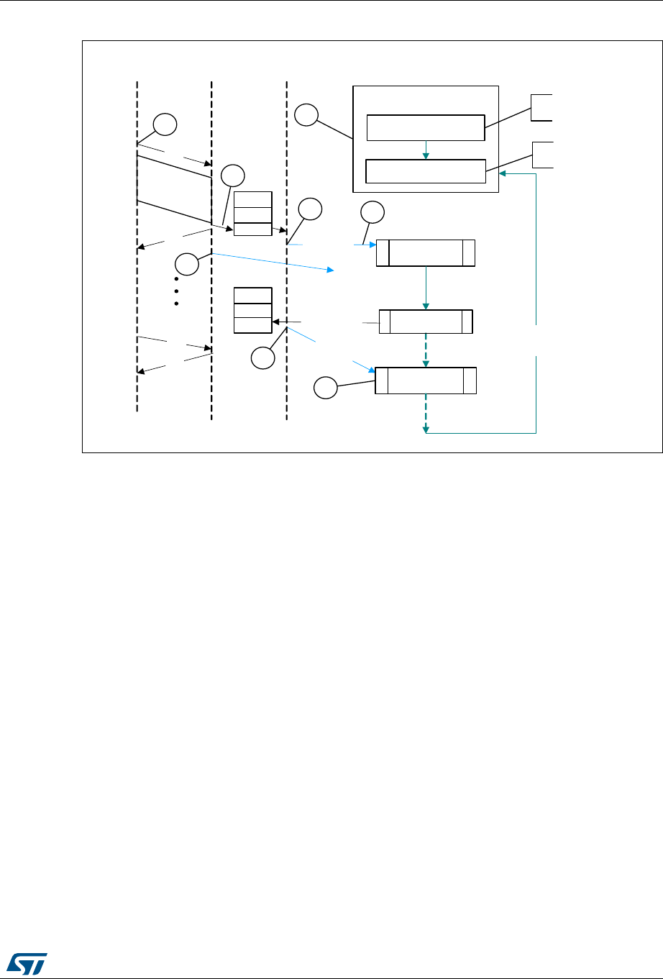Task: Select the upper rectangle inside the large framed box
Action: coord(425,127)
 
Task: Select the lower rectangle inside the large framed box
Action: coord(425,171)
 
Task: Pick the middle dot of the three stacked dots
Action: coord(175,291)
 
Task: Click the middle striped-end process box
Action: coord(426,322)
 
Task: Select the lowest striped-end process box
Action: coord(426,381)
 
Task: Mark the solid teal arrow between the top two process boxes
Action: coord(426,288)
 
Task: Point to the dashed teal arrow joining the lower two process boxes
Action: coord(426,350)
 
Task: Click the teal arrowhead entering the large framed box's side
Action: coord(503,173)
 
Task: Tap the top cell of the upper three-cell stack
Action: coord(253,199)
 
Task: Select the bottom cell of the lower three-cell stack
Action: coord(253,324)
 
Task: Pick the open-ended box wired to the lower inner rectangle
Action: coord(542,155)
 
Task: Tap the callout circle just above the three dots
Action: coord(186,264)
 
